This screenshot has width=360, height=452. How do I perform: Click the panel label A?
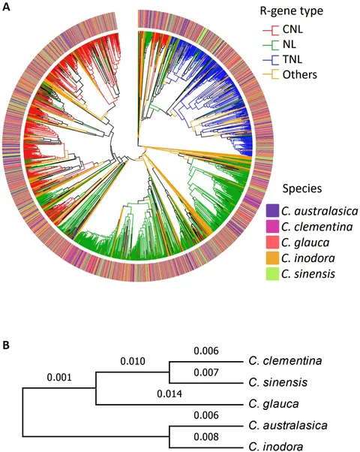click(x=6, y=6)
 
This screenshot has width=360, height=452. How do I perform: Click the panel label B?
click(x=6, y=345)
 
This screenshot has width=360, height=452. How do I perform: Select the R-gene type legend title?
click(x=292, y=11)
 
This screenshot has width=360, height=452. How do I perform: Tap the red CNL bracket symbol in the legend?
click(x=271, y=30)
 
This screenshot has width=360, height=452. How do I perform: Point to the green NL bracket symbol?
click(x=271, y=45)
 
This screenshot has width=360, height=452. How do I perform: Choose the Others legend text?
click(x=299, y=74)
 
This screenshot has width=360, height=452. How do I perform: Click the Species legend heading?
click(x=302, y=188)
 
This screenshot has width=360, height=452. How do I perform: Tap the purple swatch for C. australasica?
click(x=272, y=211)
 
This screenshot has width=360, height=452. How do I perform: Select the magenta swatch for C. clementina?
click(x=272, y=226)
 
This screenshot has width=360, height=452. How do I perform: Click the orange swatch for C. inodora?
click(x=272, y=258)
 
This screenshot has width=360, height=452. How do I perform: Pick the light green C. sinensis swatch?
click(x=272, y=273)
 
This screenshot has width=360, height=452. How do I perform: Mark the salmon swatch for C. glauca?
click(x=272, y=242)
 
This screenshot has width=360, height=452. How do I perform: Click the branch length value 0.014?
click(x=169, y=393)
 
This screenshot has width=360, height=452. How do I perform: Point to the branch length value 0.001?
click(x=59, y=377)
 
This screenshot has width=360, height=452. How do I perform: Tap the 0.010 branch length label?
click(x=133, y=361)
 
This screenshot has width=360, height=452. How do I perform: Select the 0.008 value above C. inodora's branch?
click(x=206, y=437)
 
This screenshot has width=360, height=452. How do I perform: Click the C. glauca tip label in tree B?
click(x=274, y=404)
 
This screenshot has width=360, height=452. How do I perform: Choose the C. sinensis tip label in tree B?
click(x=278, y=382)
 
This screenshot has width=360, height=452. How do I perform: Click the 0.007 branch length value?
click(x=206, y=372)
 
